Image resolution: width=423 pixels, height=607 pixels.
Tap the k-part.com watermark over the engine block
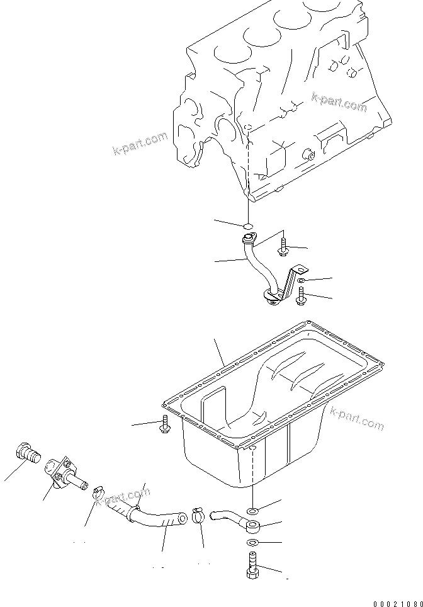[339, 102]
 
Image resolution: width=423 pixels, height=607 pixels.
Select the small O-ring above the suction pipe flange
[248, 225]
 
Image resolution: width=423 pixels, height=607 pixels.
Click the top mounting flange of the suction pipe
[247, 238]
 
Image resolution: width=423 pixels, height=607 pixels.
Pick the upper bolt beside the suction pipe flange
[285, 244]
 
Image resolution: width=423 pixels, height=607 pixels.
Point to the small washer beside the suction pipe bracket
[302, 280]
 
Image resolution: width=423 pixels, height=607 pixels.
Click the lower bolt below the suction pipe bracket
[302, 296]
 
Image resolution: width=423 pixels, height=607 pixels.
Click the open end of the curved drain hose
[181, 519]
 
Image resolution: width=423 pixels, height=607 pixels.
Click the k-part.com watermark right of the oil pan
[355, 421]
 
